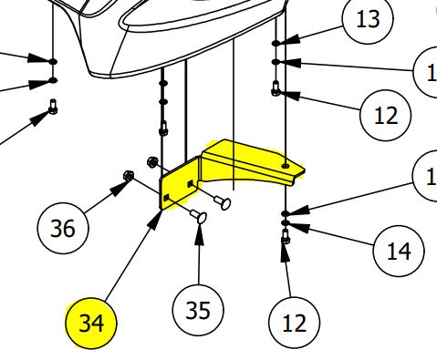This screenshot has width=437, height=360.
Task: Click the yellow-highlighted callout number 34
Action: point(91,323)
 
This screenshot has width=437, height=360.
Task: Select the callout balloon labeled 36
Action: point(63,227)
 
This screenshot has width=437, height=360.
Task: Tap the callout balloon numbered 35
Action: point(198,311)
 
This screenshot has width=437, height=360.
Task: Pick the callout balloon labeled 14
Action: point(399,250)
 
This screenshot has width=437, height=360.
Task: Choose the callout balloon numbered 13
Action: point(368,20)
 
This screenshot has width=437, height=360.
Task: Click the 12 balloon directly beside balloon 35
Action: point(295,321)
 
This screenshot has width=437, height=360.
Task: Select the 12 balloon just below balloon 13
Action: point(387,116)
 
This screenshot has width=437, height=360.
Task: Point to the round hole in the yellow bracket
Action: point(288,167)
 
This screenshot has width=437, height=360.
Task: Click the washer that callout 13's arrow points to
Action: point(276,43)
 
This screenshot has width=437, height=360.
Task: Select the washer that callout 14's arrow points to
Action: point(286,222)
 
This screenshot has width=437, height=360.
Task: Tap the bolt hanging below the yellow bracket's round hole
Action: point(286,240)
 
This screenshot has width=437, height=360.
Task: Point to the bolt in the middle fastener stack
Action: point(164,128)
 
